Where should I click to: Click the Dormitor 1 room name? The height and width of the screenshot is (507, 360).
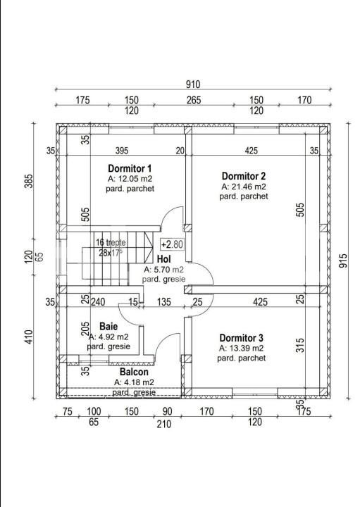[130, 168]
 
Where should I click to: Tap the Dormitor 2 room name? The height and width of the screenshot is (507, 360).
[244, 176]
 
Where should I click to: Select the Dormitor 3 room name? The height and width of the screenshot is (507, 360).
[242, 338]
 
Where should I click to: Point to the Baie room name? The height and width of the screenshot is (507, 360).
[108, 326]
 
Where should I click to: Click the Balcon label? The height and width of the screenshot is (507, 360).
[134, 372]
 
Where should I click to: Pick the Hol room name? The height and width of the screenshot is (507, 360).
[163, 259]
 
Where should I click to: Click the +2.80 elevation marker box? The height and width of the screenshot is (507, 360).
[173, 244]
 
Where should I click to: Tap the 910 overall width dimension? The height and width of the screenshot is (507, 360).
[193, 84]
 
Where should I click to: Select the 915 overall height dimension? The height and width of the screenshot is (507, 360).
[343, 261]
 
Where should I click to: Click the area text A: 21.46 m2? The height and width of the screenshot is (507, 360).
[244, 187]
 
